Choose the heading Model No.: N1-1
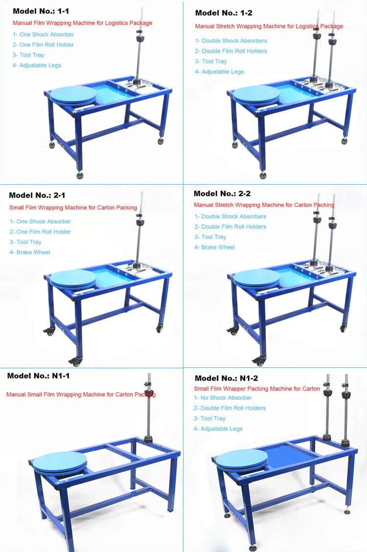click(x=38, y=376)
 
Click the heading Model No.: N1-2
click(x=226, y=378)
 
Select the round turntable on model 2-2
click(x=257, y=278)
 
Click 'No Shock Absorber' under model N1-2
click(x=223, y=398)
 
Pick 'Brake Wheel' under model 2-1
click(x=30, y=252)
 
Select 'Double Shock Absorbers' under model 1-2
click(x=231, y=41)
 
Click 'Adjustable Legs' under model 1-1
click(x=37, y=65)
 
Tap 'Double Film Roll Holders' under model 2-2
click(x=230, y=227)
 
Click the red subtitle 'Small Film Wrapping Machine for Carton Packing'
click(x=73, y=208)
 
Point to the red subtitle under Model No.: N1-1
click(x=81, y=394)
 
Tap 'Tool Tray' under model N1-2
click(x=209, y=418)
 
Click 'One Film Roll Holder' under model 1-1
click(x=43, y=45)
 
